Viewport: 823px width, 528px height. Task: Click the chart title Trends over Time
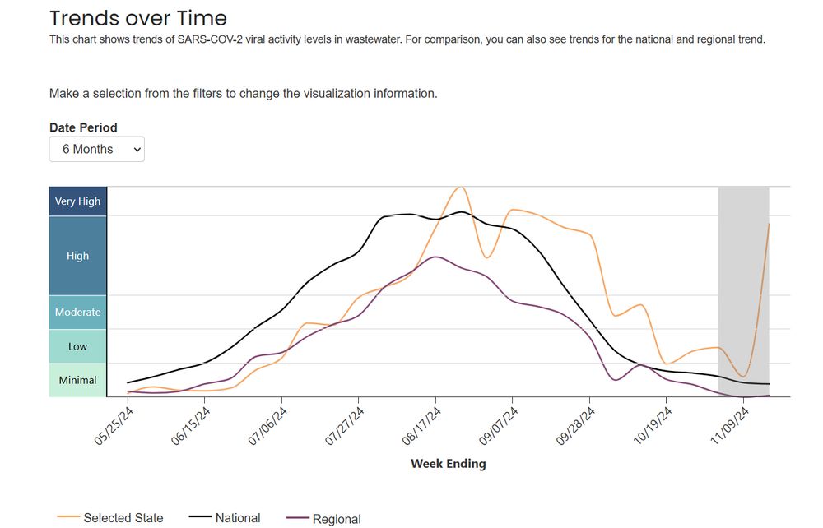coord(137,17)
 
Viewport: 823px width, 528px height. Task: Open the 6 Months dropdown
coord(96,150)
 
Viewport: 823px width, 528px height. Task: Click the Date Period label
coord(83,127)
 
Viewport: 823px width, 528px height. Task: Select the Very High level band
coord(77,201)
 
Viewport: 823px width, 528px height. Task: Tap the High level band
coord(77,256)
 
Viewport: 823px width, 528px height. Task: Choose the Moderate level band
coord(77,313)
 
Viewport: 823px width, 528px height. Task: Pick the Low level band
coord(77,347)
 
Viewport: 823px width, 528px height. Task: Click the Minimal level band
coord(77,381)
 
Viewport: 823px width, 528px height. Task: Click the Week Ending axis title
coord(448,464)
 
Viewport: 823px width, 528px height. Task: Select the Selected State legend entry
coord(123,518)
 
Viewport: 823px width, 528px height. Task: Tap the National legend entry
coord(237,518)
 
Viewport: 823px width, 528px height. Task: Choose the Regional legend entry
coord(336,519)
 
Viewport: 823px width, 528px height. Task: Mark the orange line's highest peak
coord(461,187)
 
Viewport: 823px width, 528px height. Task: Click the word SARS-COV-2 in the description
coord(202,39)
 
